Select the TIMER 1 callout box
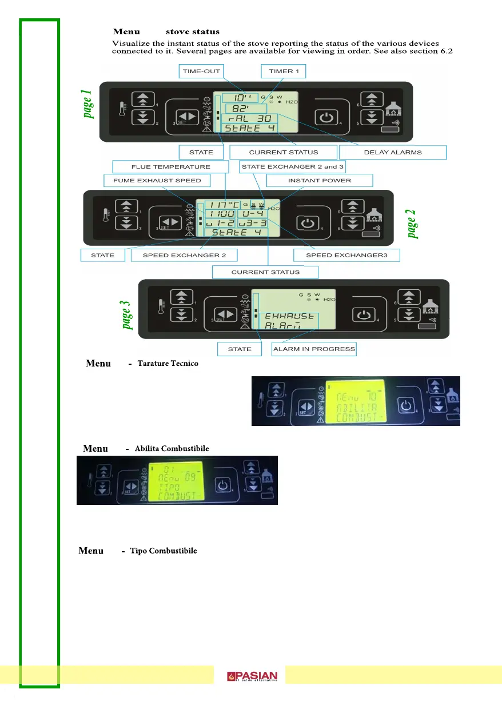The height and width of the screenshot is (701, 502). click(283, 71)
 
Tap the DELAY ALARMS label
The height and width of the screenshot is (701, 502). click(392, 153)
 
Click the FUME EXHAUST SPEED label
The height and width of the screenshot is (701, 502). click(156, 181)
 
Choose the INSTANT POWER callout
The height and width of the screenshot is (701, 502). click(320, 181)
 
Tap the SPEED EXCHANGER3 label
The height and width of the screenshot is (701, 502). click(346, 255)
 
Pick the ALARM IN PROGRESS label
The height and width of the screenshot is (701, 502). click(314, 349)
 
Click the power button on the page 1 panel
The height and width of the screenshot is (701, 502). click(325, 120)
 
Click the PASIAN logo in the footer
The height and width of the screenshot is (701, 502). click(252, 677)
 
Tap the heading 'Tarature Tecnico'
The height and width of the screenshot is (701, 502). click(168, 364)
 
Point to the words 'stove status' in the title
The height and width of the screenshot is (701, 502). click(193, 31)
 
